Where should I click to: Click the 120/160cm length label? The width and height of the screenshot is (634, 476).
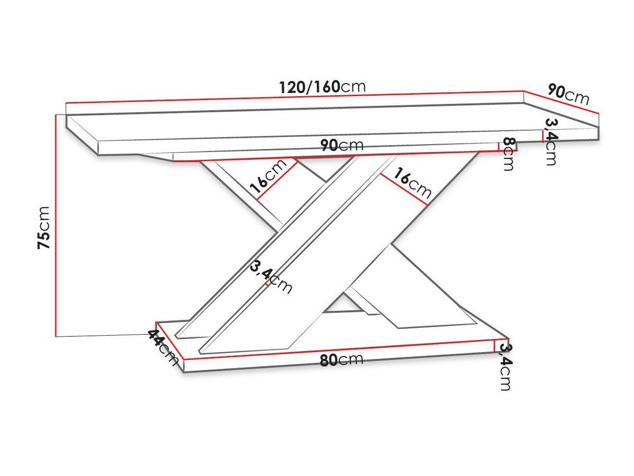click(x=322, y=86)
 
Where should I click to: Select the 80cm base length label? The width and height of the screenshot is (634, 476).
click(x=341, y=360)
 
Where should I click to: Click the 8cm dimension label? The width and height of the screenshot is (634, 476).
click(x=509, y=154)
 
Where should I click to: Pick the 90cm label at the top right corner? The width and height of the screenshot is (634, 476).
click(x=568, y=94)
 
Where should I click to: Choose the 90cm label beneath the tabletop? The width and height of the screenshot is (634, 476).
click(x=341, y=145)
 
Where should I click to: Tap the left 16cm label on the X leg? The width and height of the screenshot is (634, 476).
click(x=267, y=177)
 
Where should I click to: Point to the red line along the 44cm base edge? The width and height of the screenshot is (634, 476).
click(x=170, y=345)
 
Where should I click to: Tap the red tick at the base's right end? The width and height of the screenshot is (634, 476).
click(x=494, y=346)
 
